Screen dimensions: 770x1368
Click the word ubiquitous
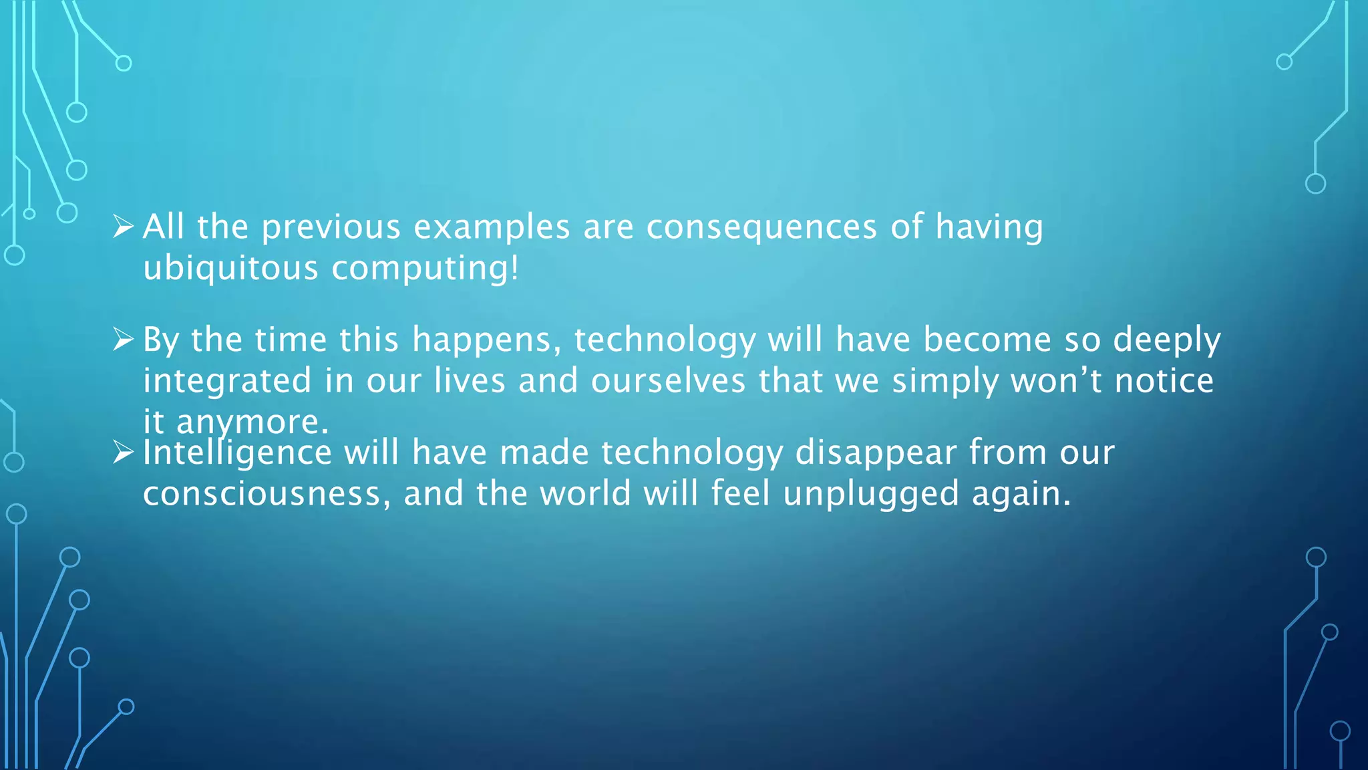[x=230, y=269]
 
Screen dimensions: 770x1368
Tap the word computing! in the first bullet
[x=425, y=269]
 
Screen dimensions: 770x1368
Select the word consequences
[x=761, y=227]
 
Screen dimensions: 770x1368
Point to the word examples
[x=492, y=228]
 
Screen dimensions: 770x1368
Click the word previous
[x=331, y=228]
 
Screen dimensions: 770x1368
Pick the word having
[x=989, y=228]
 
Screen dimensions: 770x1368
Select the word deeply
[x=1166, y=341]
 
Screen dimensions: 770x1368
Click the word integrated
[x=227, y=382]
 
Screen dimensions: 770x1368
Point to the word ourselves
[x=667, y=381]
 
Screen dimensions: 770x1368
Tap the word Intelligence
[x=237, y=453]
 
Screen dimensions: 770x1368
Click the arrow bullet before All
[x=123, y=227]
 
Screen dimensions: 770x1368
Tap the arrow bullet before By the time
[x=123, y=340]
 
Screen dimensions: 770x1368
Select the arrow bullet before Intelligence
[x=123, y=453]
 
